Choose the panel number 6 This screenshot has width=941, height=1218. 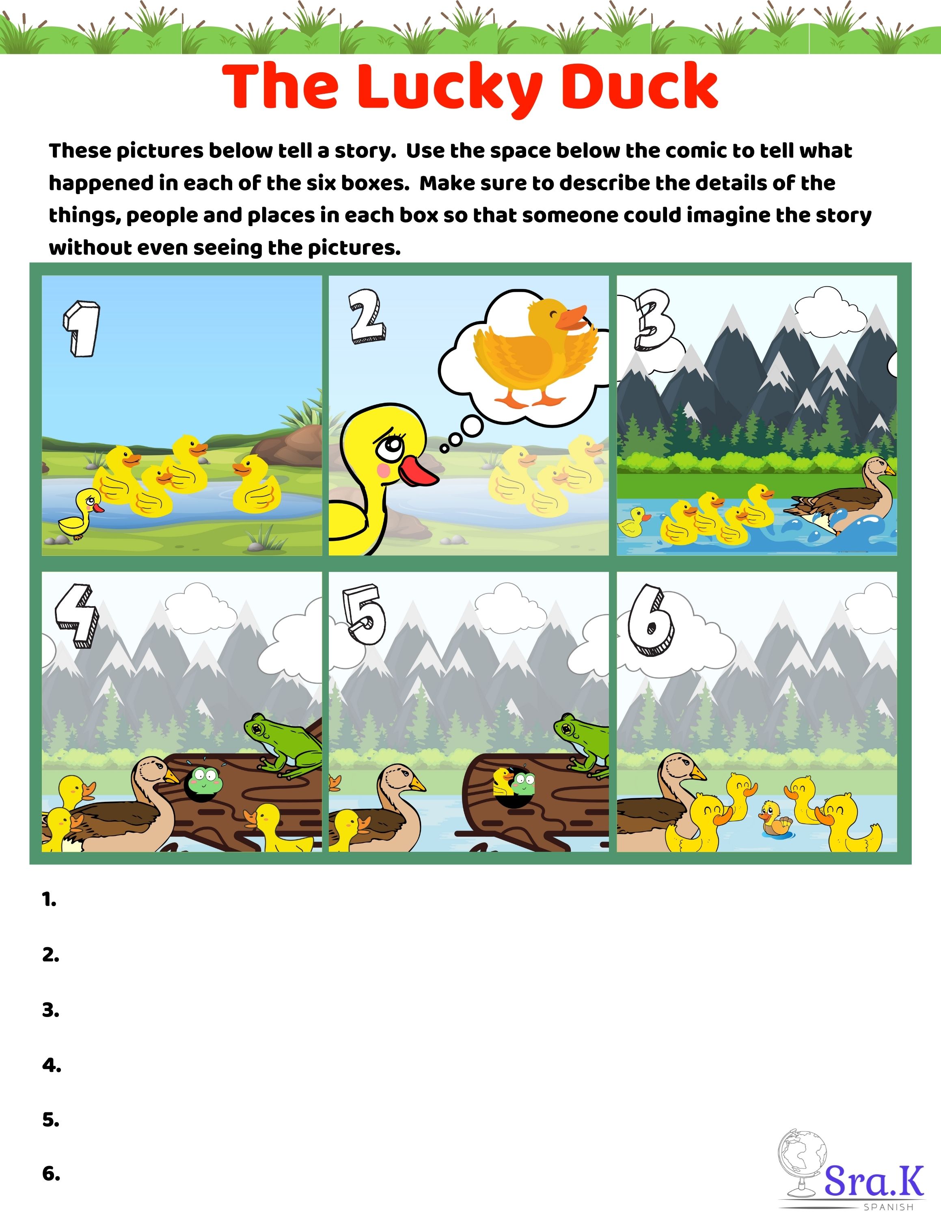coord(651,620)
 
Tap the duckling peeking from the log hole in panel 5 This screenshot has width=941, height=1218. coord(502,781)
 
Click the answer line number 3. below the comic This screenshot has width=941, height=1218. coord(51,1010)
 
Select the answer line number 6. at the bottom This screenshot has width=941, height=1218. coord(51,1174)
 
